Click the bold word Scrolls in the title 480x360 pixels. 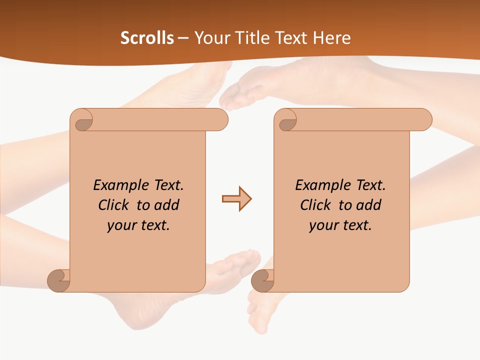coord(147,38)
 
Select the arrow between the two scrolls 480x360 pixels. coord(236,199)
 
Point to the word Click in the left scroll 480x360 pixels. coord(115,205)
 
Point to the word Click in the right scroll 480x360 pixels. coord(317,205)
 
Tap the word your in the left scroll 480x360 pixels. coord(121,225)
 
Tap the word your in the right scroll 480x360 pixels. coord(323,225)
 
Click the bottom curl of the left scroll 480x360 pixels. coord(59,280)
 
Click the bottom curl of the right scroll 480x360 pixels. coord(262,280)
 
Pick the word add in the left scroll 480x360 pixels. coord(167,205)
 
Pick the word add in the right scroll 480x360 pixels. coord(369,205)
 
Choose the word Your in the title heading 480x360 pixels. coord(211,38)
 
